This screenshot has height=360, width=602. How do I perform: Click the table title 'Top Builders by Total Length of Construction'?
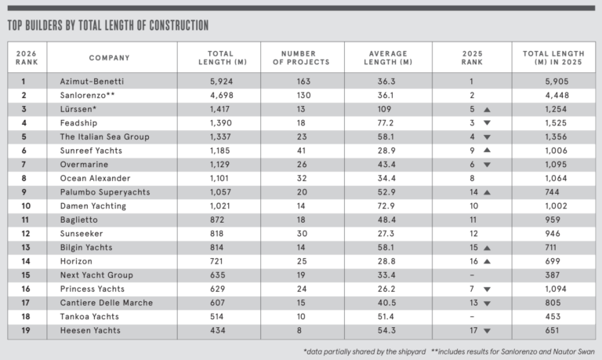[x=107, y=26]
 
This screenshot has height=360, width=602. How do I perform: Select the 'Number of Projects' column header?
[x=305, y=57]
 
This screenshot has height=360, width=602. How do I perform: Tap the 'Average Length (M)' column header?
[x=390, y=57]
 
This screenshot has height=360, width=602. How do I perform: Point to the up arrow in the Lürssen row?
[x=487, y=109]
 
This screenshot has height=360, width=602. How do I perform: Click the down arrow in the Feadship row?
[x=487, y=123]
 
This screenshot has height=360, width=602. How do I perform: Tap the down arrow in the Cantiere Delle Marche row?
[x=487, y=304]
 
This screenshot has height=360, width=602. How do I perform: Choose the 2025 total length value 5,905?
[x=552, y=81]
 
